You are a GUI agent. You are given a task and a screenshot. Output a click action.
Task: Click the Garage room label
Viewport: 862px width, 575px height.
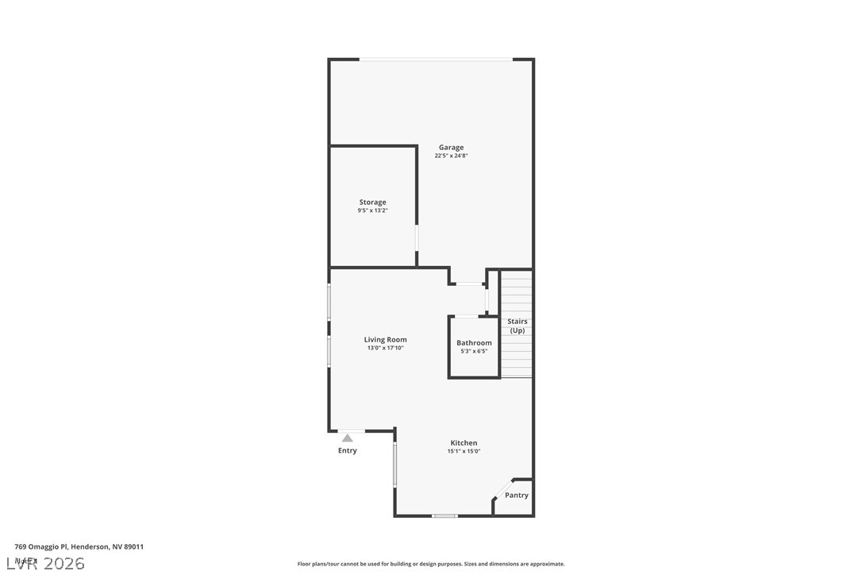pyautogui.click(x=451, y=147)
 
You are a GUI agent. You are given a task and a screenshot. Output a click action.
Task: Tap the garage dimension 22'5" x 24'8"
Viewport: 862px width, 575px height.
pyautogui.click(x=451, y=156)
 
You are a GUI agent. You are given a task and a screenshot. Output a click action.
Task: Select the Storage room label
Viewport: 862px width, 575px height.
pyautogui.click(x=372, y=203)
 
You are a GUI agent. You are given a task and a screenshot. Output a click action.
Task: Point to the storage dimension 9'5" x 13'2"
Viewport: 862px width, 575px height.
pyautogui.click(x=372, y=211)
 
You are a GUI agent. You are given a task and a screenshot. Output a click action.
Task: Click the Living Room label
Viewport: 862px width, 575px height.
pyautogui.click(x=385, y=340)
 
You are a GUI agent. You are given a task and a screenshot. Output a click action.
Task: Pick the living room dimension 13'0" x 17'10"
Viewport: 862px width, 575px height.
pyautogui.click(x=385, y=348)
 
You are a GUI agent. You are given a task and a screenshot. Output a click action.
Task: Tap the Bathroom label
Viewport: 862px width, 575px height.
pyautogui.click(x=474, y=343)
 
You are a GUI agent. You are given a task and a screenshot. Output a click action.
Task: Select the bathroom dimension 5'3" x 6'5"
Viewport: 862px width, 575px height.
pyautogui.click(x=474, y=351)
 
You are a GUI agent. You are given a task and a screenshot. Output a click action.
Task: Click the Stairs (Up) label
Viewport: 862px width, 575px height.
pyautogui.click(x=518, y=326)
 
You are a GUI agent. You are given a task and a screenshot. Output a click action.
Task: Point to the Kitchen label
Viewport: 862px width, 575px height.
pyautogui.click(x=464, y=443)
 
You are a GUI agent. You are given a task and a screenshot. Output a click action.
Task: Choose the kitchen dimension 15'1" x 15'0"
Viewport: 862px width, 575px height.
pyautogui.click(x=464, y=451)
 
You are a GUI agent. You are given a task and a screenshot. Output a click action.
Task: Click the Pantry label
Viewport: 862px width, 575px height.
pyautogui.click(x=517, y=496)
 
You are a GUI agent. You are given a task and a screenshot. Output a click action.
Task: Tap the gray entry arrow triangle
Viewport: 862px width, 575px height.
pyautogui.click(x=347, y=438)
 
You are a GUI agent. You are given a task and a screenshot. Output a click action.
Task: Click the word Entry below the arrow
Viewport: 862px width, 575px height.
pyautogui.click(x=347, y=451)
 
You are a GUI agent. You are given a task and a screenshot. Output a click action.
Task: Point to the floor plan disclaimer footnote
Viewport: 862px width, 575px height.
pyautogui.click(x=431, y=564)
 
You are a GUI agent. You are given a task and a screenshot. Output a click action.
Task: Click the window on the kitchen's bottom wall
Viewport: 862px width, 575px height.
pyautogui.click(x=444, y=516)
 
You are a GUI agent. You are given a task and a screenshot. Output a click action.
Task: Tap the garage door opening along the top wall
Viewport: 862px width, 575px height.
pyautogui.click(x=436, y=59)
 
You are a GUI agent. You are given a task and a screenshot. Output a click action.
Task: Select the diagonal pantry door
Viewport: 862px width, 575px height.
pyautogui.click(x=502, y=488)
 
